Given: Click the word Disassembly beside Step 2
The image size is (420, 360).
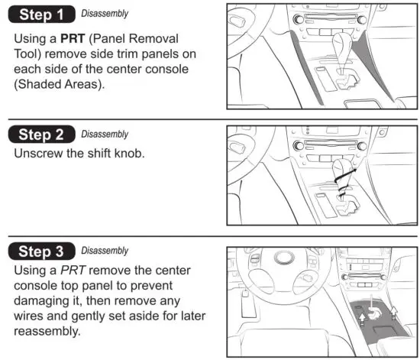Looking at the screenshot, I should (104, 133).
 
